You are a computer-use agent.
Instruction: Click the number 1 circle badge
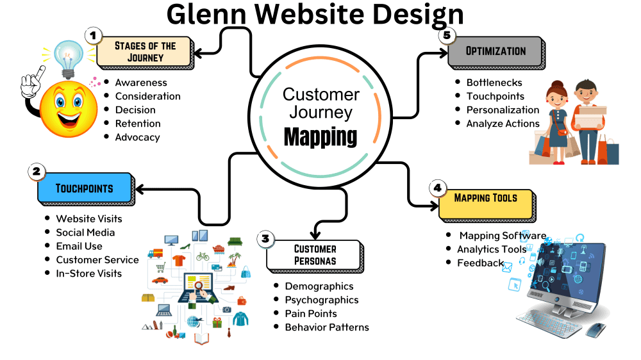(93, 36)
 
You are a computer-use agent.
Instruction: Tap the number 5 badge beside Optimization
(447, 35)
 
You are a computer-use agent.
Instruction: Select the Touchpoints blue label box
(85, 188)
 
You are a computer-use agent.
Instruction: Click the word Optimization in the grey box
(496, 51)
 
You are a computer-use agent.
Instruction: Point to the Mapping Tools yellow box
(486, 198)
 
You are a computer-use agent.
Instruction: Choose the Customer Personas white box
(315, 254)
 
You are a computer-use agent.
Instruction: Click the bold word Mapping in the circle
(320, 136)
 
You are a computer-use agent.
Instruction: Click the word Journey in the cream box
(146, 57)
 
